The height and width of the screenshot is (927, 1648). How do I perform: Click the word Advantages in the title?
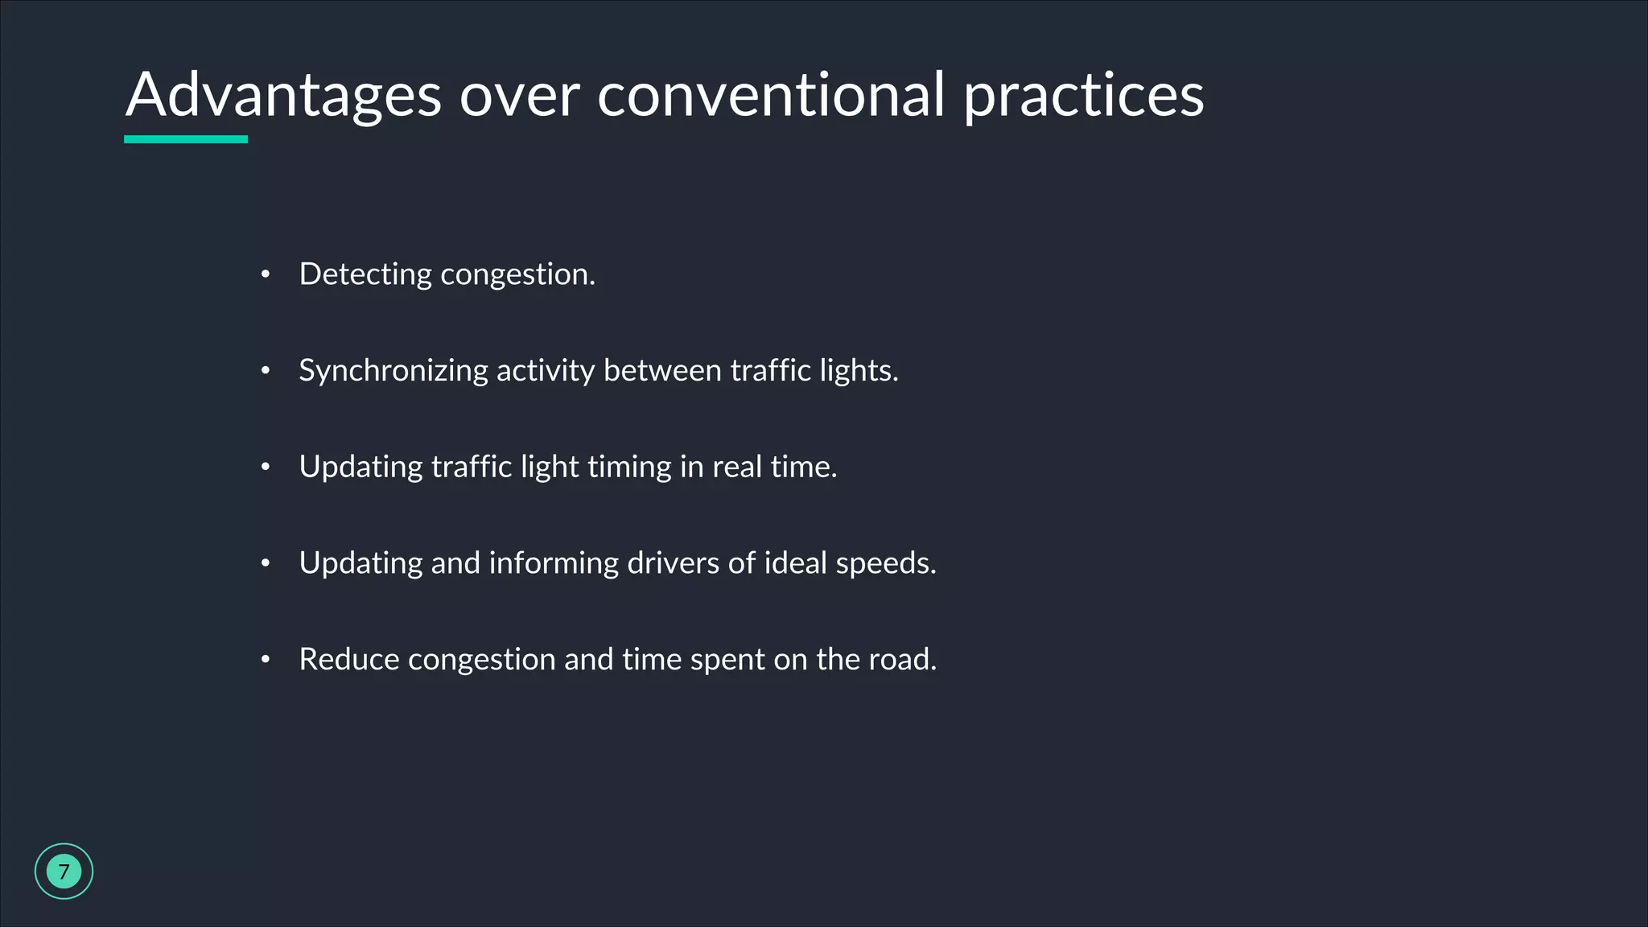(x=283, y=95)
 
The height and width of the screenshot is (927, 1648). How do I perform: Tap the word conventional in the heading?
(x=771, y=95)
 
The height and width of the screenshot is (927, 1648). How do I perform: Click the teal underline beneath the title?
(x=186, y=139)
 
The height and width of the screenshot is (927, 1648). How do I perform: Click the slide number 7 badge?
(x=64, y=871)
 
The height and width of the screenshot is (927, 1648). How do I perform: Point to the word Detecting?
(x=365, y=274)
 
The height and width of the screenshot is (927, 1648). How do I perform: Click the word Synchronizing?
(x=393, y=371)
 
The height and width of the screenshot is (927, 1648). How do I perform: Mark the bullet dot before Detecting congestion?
(x=266, y=275)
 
